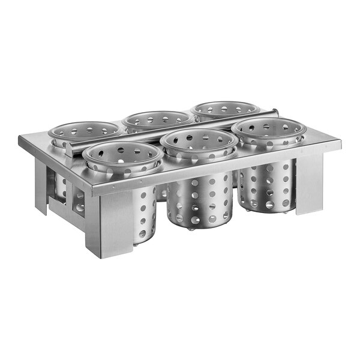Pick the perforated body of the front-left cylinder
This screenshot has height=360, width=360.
(x=144, y=210)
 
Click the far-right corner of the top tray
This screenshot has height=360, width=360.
(x=340, y=143)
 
